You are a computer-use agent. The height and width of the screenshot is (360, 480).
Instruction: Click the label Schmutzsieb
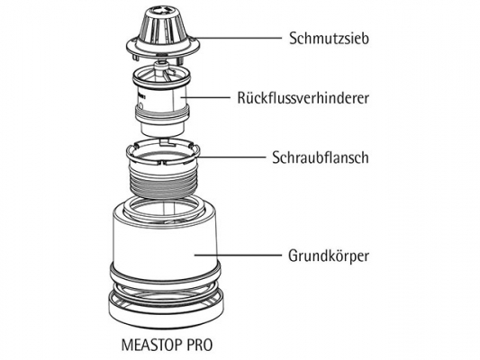coord(329,39)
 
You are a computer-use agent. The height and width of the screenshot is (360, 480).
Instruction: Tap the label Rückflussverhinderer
coord(303,98)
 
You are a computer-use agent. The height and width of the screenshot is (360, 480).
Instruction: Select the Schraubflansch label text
coord(321,157)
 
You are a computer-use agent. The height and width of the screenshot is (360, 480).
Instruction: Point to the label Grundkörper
coord(329,256)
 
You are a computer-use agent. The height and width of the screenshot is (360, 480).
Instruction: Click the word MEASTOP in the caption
coord(151,345)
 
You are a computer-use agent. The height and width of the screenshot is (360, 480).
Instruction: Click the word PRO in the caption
coord(199,345)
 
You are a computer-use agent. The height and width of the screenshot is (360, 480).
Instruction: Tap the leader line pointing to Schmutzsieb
coord(237,38)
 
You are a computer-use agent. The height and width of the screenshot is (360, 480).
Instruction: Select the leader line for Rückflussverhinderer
coord(205,97)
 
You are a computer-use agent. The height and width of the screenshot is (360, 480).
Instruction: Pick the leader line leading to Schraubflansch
coord(231,157)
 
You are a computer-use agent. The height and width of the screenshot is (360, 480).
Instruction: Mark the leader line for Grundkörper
coord(238,255)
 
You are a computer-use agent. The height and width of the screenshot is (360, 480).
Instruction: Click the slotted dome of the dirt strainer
coord(163,29)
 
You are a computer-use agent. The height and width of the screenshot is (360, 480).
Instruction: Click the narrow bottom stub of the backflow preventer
coord(162,129)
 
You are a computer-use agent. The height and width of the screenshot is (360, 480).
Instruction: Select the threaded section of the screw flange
coord(164,182)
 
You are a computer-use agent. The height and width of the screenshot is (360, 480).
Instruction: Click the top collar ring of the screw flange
coord(163,152)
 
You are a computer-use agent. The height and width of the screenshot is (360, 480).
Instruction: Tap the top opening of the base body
coord(164,209)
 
